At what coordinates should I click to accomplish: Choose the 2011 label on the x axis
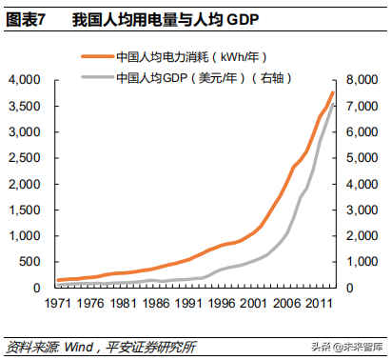pos(318,305)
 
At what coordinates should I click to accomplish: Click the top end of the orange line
pos(333,92)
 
